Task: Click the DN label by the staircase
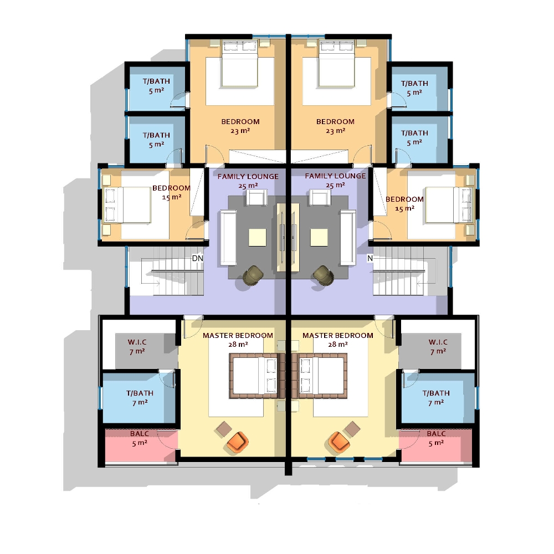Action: (x=197, y=258)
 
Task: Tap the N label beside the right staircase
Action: (x=370, y=258)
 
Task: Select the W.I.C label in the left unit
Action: (x=136, y=342)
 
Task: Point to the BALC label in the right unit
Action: (x=436, y=434)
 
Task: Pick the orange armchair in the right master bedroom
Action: (x=338, y=442)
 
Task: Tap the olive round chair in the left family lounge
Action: (x=254, y=275)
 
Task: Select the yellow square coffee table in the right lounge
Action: (x=319, y=238)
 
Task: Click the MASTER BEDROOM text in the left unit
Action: (x=238, y=335)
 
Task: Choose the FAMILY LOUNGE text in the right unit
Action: (x=335, y=176)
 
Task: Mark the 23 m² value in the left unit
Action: (x=240, y=131)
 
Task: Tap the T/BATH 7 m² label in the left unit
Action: (x=140, y=398)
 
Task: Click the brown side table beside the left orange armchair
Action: (x=224, y=428)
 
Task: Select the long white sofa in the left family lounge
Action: (x=228, y=237)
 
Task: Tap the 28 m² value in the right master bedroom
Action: (x=338, y=344)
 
